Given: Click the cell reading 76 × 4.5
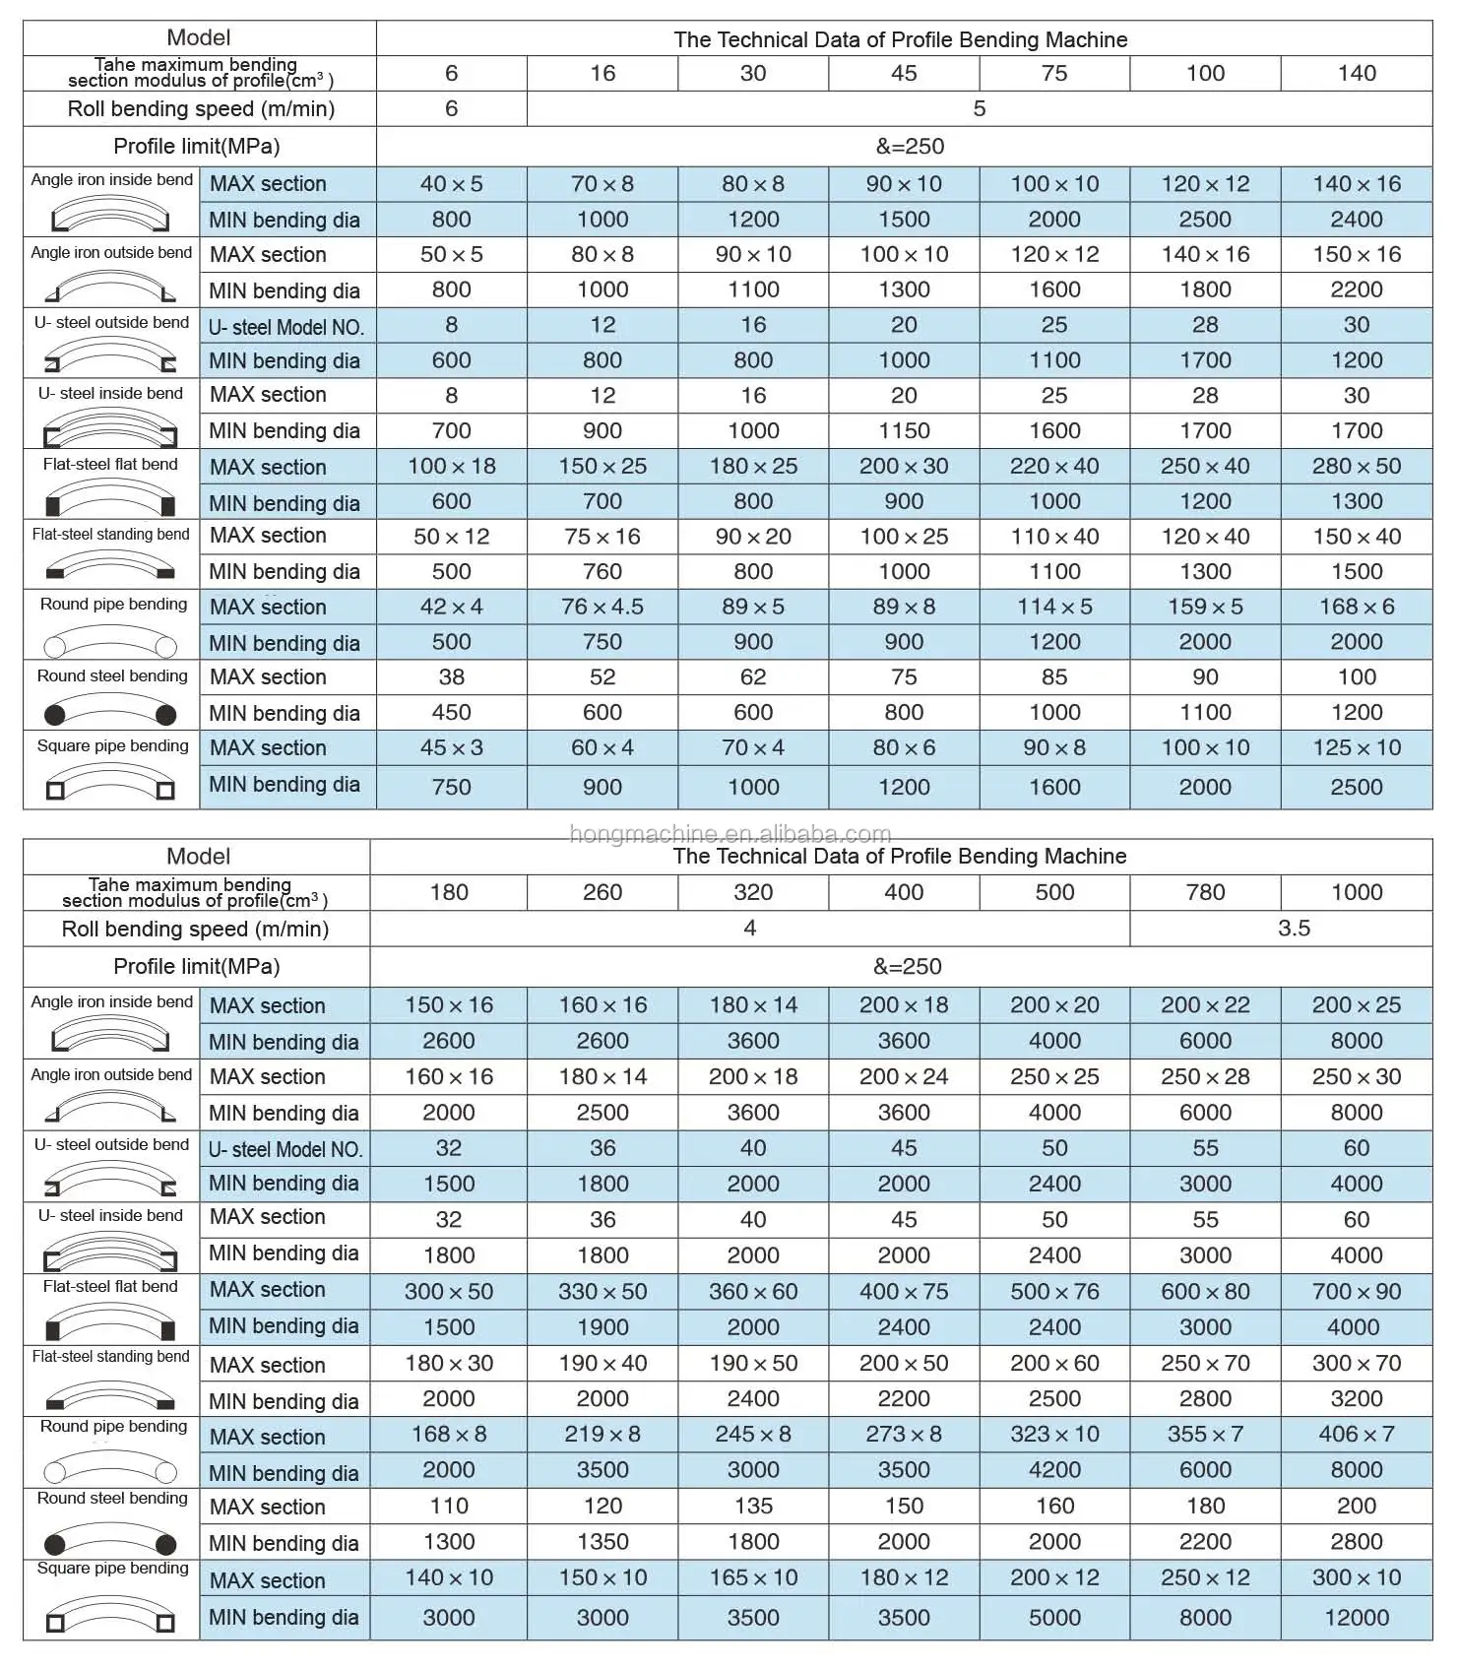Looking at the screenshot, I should coord(602,607).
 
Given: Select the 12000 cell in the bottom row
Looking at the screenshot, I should coord(1356,1617).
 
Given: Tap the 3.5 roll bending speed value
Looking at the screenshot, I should coord(1293,928).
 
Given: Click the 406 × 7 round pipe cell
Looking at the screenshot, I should coord(1356,1434).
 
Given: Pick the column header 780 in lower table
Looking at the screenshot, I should coord(1205,892).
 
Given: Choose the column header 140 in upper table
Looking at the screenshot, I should coord(1356,73).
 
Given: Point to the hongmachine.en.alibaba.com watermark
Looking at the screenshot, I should coord(729,834).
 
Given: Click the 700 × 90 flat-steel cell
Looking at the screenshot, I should coord(1356,1291).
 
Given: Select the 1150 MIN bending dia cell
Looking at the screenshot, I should coord(903,430).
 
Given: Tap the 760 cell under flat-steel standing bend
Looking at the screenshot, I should coord(602,571).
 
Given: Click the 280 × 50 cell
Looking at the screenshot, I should coord(1356,466).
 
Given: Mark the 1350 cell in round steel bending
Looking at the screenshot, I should coord(602,1541).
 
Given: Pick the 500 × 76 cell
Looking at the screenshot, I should coord(1054,1291).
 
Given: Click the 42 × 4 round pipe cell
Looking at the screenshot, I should coord(451,607).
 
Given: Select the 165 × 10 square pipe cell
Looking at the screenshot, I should coord(753,1576).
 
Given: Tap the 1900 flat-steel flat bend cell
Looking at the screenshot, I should coord(602,1326).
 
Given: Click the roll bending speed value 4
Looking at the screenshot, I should coord(749,928).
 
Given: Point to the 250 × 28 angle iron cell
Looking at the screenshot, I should coord(1205,1076).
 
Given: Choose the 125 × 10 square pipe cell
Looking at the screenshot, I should coord(1356,747).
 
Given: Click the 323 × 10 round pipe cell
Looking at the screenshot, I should coord(1054,1434).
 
